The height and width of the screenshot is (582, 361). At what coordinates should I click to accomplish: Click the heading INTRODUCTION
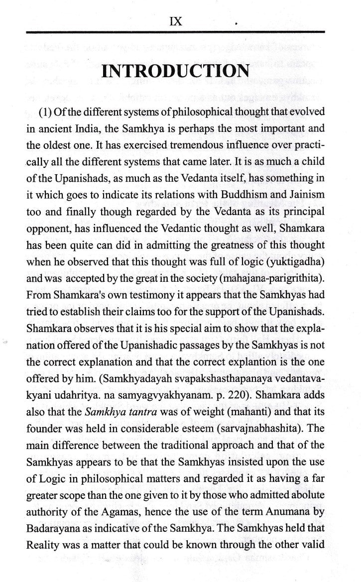(x=175, y=72)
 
